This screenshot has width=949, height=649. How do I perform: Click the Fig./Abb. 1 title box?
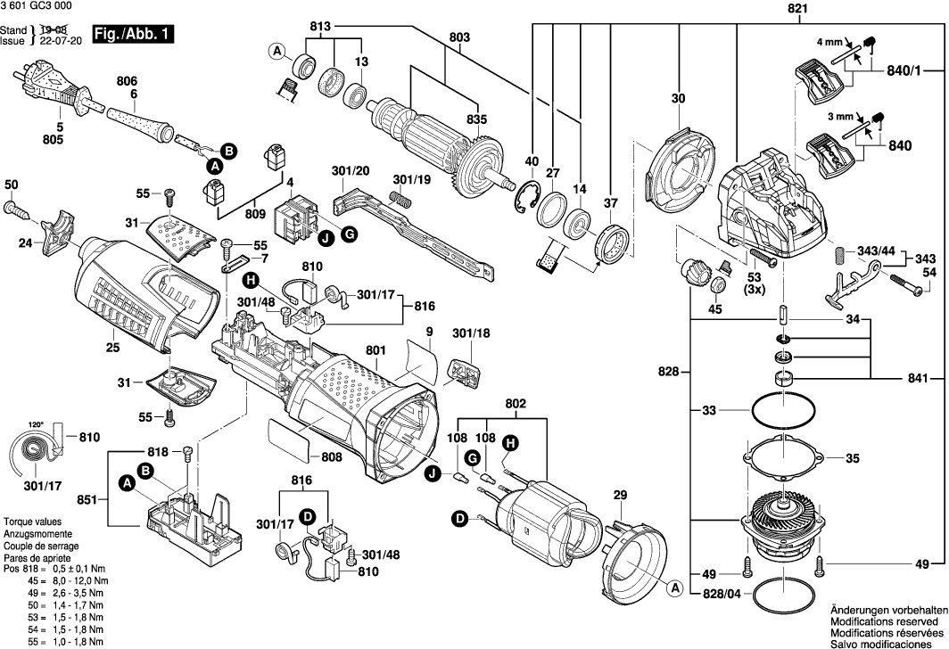tap(136, 36)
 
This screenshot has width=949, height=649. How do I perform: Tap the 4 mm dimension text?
tap(829, 41)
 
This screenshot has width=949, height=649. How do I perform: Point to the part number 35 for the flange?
tap(852, 459)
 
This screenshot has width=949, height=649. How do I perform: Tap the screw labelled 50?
tap(17, 209)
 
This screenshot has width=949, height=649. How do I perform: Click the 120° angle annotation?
tap(36, 425)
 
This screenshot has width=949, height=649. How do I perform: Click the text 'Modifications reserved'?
tap(884, 620)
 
